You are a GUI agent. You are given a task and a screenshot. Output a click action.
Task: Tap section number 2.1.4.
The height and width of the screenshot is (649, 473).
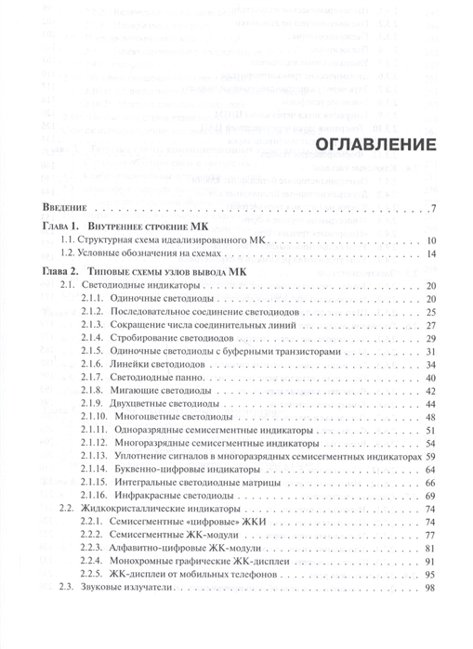92,339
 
